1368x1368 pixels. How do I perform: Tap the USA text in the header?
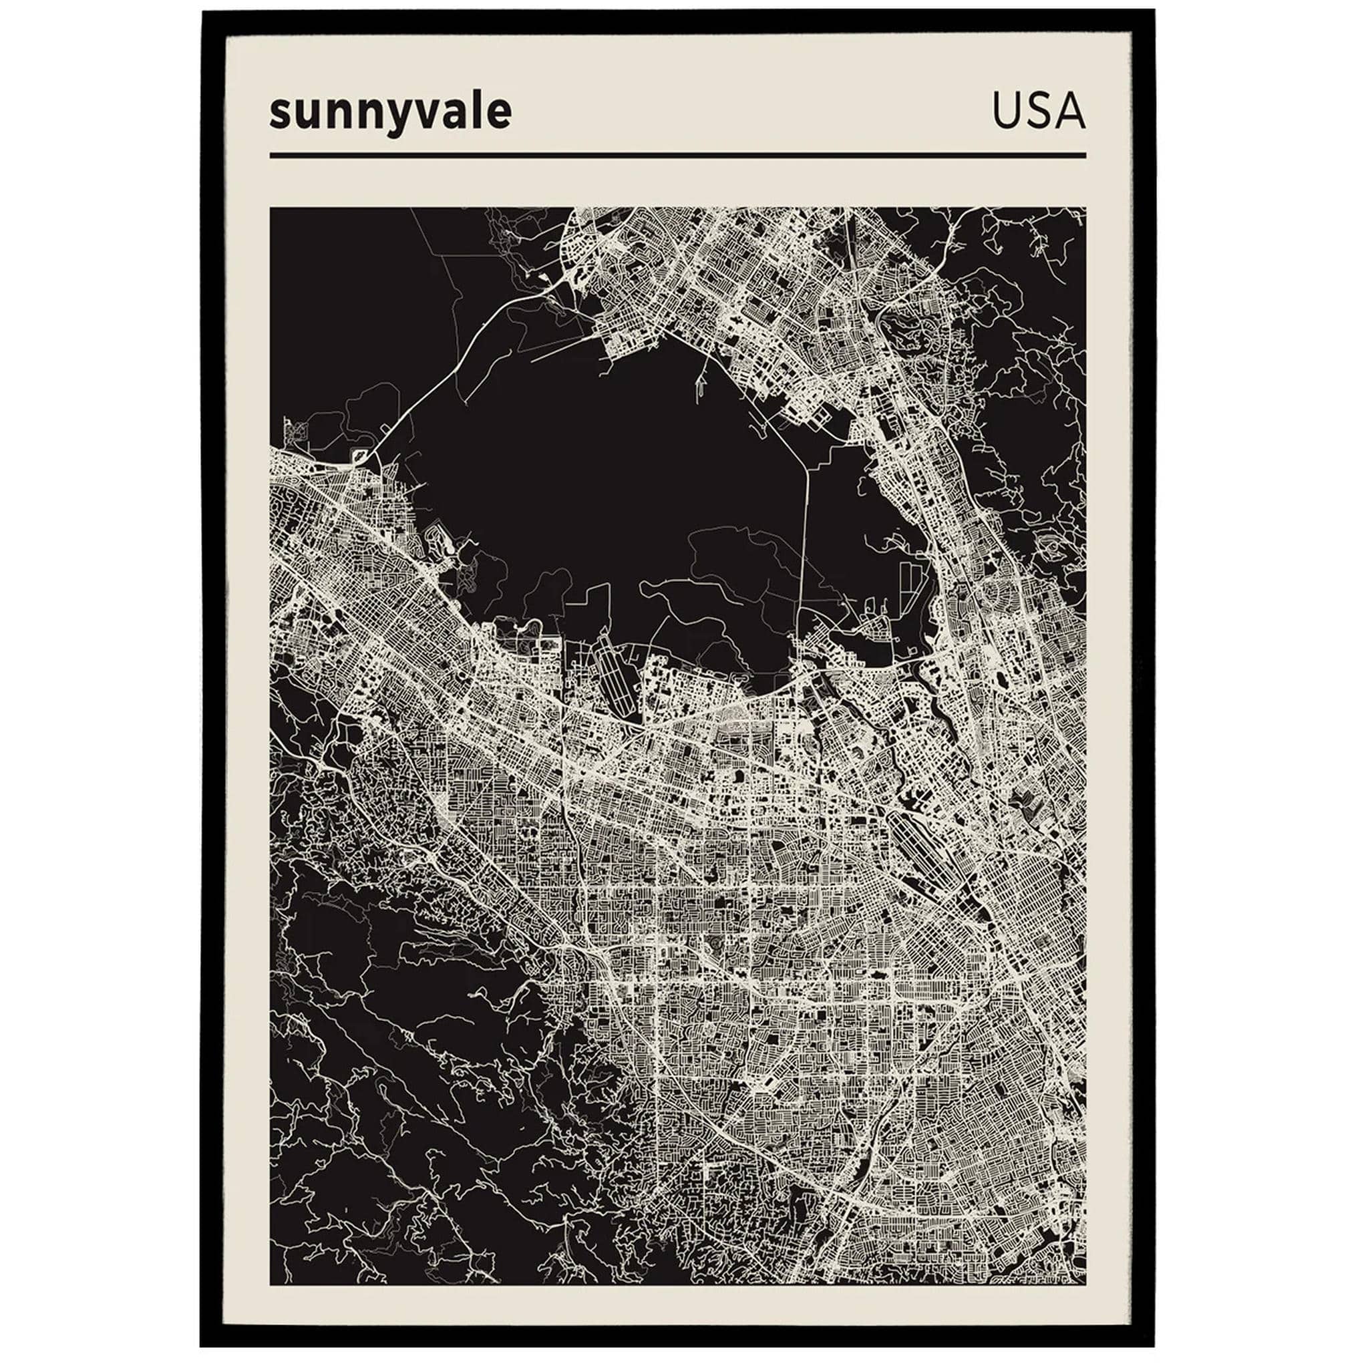(1038, 111)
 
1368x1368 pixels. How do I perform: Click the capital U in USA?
(1007, 111)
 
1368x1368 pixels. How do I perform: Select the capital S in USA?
(1038, 111)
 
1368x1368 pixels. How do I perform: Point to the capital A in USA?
(1070, 111)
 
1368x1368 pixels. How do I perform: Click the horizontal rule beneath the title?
(677, 155)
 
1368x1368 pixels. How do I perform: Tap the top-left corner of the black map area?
(271, 208)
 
